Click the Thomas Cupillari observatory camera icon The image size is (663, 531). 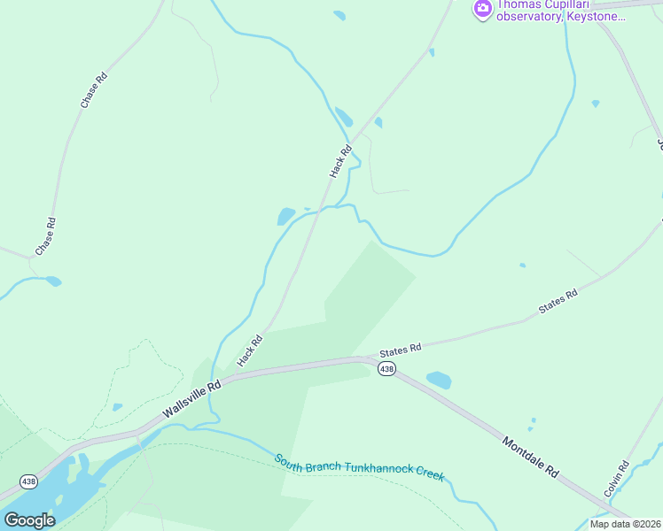pyautogui.click(x=483, y=10)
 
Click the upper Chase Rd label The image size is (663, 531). pyautogui.click(x=94, y=90)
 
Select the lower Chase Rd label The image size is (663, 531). pyautogui.click(x=45, y=236)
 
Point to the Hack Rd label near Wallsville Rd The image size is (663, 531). pyautogui.click(x=251, y=351)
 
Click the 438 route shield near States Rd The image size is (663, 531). pyautogui.click(x=386, y=368)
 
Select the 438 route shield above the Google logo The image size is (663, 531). pyautogui.click(x=28, y=481)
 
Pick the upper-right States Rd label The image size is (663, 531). pyautogui.click(x=558, y=302)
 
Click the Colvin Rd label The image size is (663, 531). pyautogui.click(x=616, y=477)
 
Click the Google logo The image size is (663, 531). pyautogui.click(x=29, y=519)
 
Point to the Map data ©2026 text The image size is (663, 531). pyautogui.click(x=625, y=524)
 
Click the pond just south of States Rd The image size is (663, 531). pyautogui.click(x=439, y=381)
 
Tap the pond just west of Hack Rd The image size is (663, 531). pyautogui.click(x=286, y=216)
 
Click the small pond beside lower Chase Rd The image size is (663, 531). pyautogui.click(x=53, y=281)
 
